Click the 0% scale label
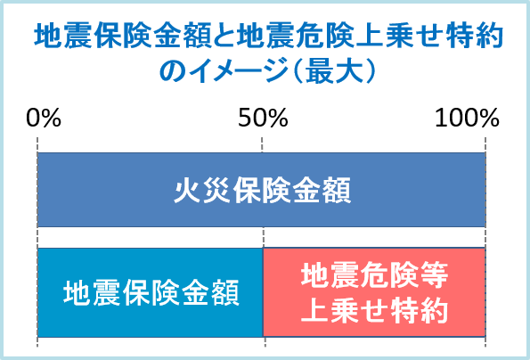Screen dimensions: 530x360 point(44,118)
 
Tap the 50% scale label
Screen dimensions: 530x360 point(263,118)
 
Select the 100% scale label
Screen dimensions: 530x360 point(467,118)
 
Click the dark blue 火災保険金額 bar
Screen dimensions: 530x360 point(262,190)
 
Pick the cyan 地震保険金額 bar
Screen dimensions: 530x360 point(151,292)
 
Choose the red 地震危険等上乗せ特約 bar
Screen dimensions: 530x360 point(374,292)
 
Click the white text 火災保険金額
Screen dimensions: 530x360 point(262,191)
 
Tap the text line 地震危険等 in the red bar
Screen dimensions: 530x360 point(374,275)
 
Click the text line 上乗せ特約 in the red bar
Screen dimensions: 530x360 point(374,310)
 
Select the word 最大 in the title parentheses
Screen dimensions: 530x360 point(331,71)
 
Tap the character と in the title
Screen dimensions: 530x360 point(224,36)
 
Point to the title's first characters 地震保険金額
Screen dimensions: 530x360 point(123,36)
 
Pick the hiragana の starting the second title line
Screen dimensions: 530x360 point(173,71)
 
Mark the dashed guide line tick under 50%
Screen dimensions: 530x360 point(262,144)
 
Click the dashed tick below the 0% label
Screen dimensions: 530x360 point(37,144)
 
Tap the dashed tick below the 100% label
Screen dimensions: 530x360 point(485,144)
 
